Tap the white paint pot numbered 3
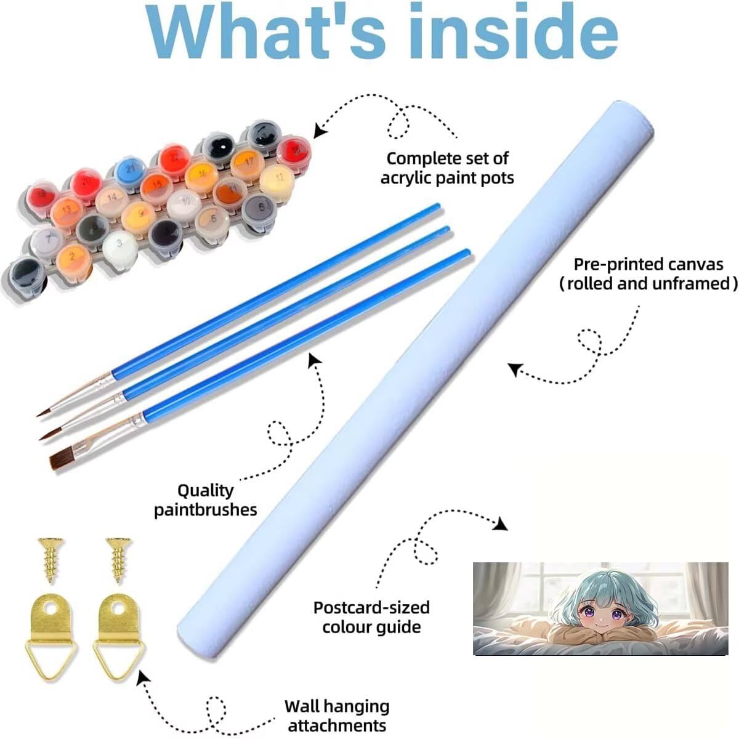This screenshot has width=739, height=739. point(120,246)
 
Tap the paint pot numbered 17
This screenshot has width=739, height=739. point(248,164)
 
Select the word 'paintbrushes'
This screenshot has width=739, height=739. point(206,510)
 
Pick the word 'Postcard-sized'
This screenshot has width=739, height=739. point(371,608)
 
